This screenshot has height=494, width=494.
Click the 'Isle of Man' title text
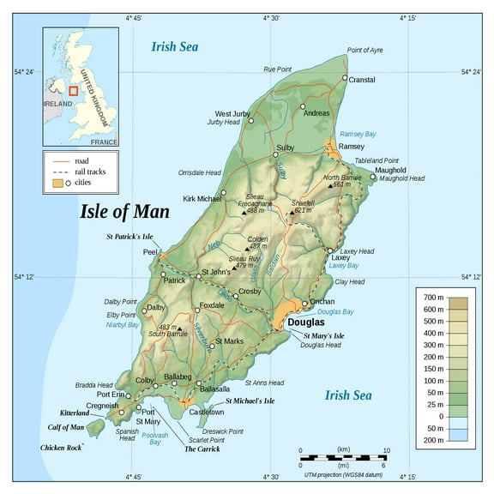tap(124, 211)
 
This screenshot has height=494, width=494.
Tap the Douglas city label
tap(305, 322)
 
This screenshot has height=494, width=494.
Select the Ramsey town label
tap(352, 147)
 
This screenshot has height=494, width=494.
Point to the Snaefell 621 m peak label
tap(304, 206)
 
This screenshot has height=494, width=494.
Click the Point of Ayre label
tap(364, 51)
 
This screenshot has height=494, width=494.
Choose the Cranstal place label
tap(362, 79)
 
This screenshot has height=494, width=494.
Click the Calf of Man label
tap(65, 426)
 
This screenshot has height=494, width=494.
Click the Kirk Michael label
tap(202, 198)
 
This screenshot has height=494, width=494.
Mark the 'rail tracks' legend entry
tap(90, 172)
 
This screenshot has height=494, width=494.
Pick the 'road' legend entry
tap(81, 160)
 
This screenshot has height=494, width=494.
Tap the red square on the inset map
tap(74, 89)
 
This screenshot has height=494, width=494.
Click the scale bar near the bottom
tap(343, 458)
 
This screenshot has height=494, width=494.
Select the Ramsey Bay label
tap(358, 134)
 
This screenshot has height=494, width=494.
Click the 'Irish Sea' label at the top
tap(175, 47)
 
